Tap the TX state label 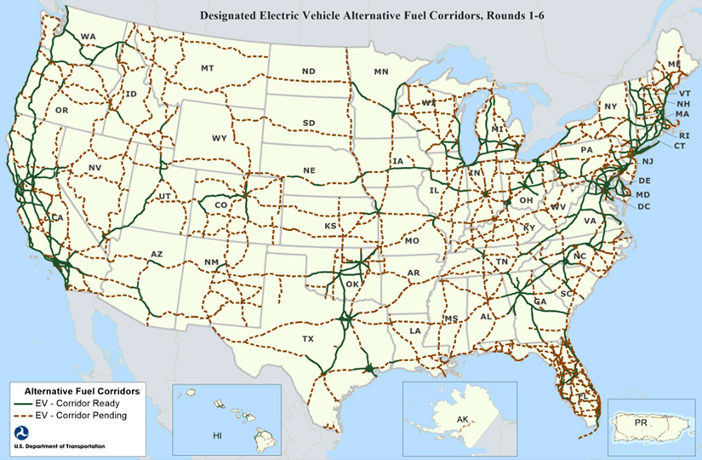tap(307, 338)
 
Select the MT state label tap(208, 67)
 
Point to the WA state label tap(88, 37)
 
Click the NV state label tap(94, 168)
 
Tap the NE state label tap(309, 170)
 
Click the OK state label tap(351, 285)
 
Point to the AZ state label tap(157, 254)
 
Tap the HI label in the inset tap(217, 434)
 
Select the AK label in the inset tap(462, 419)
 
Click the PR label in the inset tap(644, 422)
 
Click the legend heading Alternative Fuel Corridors tap(83, 389)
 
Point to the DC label tap(643, 206)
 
